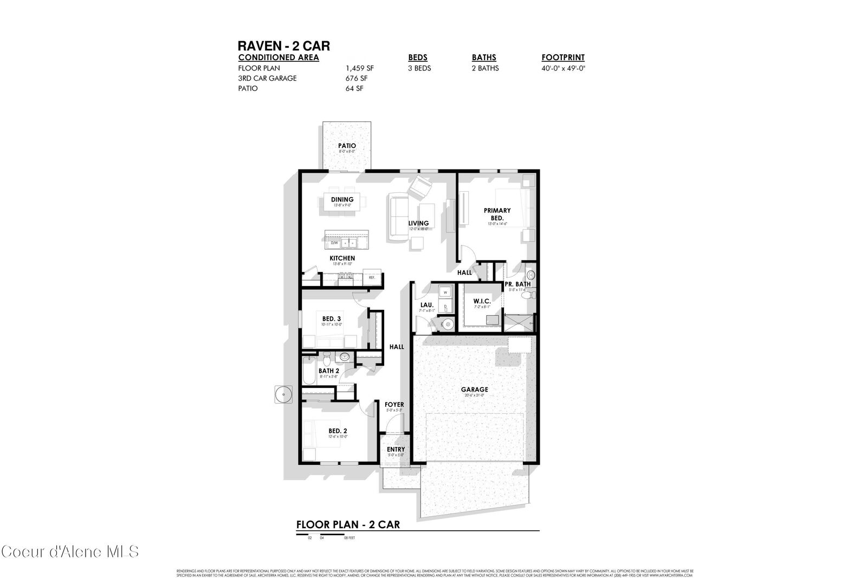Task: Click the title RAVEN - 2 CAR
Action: click(283, 46)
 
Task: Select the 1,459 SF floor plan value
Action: click(359, 68)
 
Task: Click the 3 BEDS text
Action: click(419, 68)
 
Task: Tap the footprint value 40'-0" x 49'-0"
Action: click(563, 68)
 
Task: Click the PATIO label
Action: click(347, 146)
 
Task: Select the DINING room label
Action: click(342, 200)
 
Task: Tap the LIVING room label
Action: click(418, 223)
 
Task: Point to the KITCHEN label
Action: click(342, 258)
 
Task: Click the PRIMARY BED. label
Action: click(497, 214)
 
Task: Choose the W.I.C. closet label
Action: click(482, 301)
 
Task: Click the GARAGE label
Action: click(474, 389)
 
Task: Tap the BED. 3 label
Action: click(331, 319)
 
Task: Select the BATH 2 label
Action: click(328, 371)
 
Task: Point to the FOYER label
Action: click(394, 405)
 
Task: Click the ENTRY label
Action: click(396, 450)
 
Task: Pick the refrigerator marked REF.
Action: click(372, 277)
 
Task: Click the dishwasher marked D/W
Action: click(334, 243)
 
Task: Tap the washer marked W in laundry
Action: click(445, 293)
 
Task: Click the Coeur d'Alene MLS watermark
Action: click(70, 551)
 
